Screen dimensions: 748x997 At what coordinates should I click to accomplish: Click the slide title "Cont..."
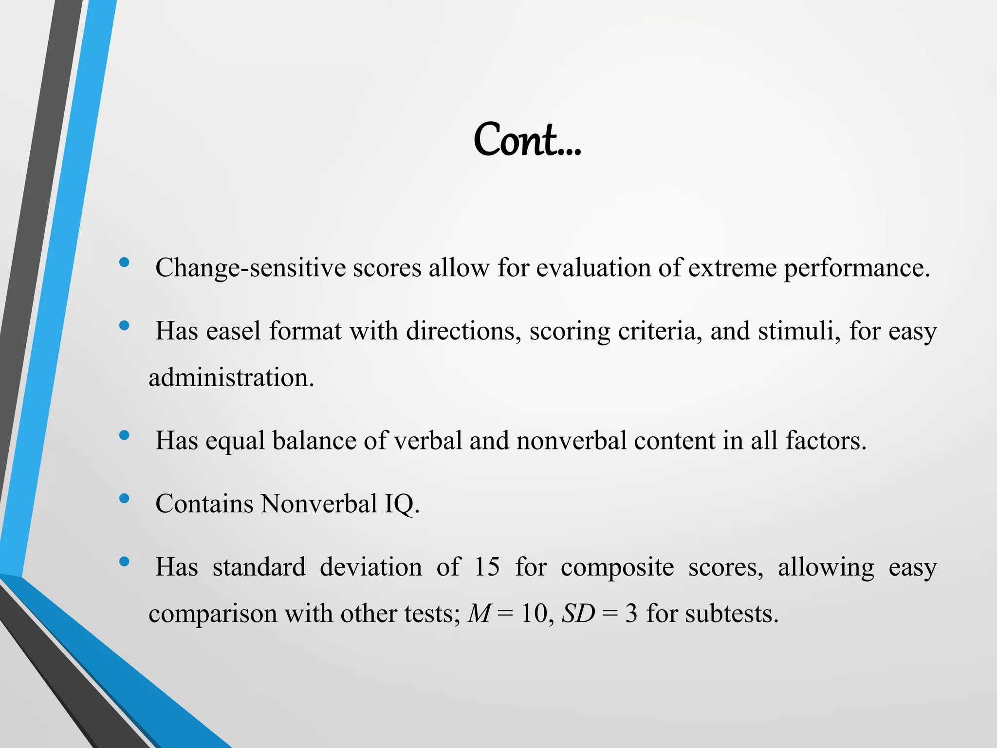click(527, 140)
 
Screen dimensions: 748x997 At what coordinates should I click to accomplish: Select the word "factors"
click(826, 441)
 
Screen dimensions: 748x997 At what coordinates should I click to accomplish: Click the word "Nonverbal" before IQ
click(319, 504)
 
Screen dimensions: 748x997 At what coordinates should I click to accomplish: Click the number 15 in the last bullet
click(487, 567)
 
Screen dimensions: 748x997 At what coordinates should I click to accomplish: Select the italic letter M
click(479, 614)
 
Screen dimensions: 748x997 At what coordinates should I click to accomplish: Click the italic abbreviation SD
click(578, 614)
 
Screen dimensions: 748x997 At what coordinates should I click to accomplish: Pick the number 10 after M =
click(534, 614)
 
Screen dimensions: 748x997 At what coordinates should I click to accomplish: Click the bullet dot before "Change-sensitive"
click(124, 263)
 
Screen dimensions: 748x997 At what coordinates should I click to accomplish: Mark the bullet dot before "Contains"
click(124, 498)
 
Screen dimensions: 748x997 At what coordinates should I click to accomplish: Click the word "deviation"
click(370, 567)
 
